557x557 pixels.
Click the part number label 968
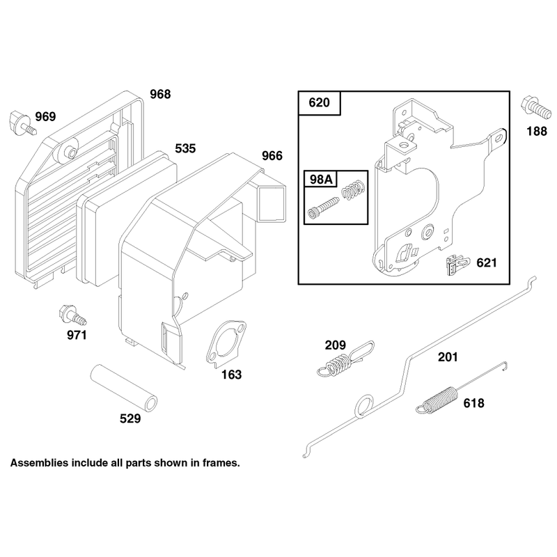160,94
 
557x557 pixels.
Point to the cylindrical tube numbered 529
124,389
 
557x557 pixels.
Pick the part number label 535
185,148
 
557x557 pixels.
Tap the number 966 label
272,155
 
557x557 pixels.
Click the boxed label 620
319,102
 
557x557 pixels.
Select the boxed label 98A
321,180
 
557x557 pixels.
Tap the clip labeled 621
457,265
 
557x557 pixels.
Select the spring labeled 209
345,359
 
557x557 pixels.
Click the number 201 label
448,357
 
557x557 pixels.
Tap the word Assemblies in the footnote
39,463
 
